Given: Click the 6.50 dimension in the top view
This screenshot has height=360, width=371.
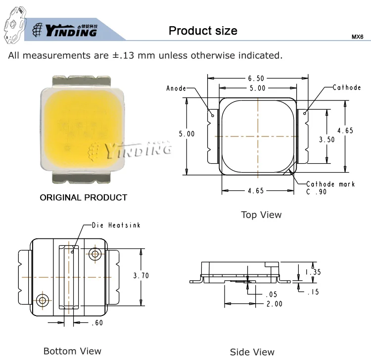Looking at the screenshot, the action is tap(256, 78).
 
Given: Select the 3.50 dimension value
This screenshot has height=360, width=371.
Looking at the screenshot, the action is tap(327, 139).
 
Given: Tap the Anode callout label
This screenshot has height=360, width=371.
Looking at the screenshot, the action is tap(176, 88).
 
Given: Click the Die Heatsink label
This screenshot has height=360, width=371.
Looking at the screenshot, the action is tap(116, 225).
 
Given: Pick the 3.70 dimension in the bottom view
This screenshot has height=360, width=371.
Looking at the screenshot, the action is tap(141, 275).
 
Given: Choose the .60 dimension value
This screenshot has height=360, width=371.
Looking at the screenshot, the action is tap(97, 322).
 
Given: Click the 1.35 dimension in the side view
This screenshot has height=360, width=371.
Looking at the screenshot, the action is tap(313, 272).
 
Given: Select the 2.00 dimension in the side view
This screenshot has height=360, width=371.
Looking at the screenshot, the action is tap(275, 304).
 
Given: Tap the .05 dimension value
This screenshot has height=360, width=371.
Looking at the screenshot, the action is tap(271, 295).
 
